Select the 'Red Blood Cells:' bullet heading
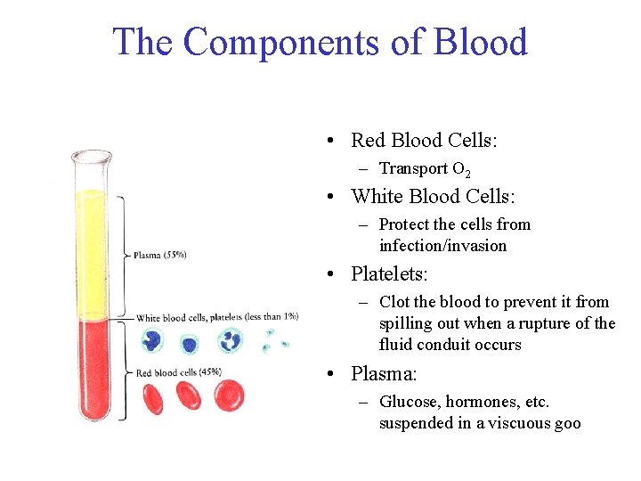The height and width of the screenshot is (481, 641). [x=424, y=140]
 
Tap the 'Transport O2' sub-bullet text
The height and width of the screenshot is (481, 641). [x=426, y=168]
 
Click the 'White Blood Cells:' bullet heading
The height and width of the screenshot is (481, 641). [x=434, y=196]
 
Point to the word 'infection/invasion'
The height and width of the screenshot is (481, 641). [x=442, y=246]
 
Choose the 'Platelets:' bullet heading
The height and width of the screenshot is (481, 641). [x=390, y=274]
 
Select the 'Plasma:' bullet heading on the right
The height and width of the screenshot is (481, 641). [x=384, y=373]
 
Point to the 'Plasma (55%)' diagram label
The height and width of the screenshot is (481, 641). [x=160, y=255]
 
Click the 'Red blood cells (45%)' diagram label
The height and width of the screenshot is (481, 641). [x=179, y=371]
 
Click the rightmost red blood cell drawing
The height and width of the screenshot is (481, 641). [x=229, y=395]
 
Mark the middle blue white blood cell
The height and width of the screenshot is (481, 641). [x=189, y=343]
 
